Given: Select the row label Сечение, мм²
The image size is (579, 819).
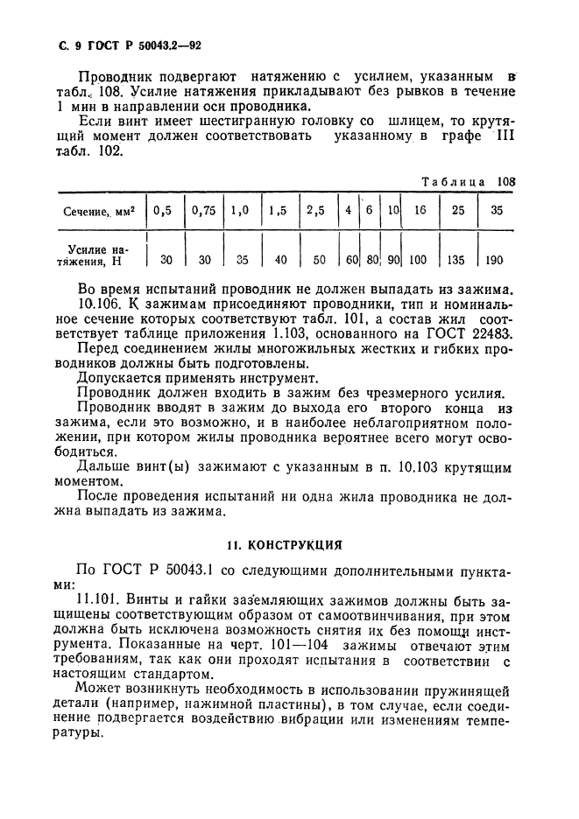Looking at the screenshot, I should click(x=97, y=212).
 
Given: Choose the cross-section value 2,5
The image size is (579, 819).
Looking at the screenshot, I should click(x=316, y=211).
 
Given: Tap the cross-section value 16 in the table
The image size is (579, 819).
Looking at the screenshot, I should click(x=420, y=211).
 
